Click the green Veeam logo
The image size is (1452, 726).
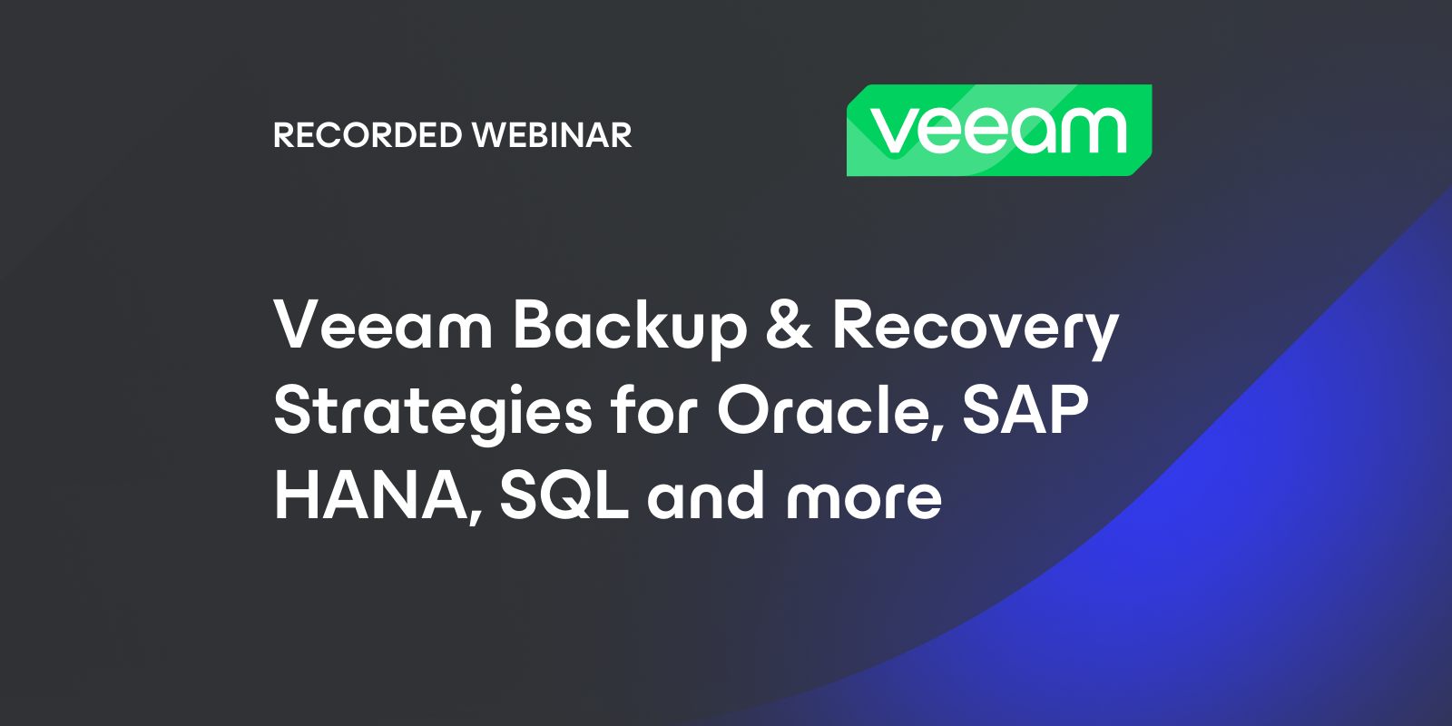[x=998, y=130]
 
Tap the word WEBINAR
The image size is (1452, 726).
[x=552, y=135]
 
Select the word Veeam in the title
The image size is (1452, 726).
[x=383, y=326]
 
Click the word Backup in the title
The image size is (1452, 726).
[x=630, y=326]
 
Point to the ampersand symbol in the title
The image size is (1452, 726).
[x=789, y=326]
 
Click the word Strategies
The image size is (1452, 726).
[x=433, y=411]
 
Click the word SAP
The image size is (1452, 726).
[x=1025, y=409]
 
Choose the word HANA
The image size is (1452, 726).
[x=371, y=495]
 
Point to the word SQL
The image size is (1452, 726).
[x=564, y=495]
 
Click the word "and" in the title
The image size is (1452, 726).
[x=705, y=495]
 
